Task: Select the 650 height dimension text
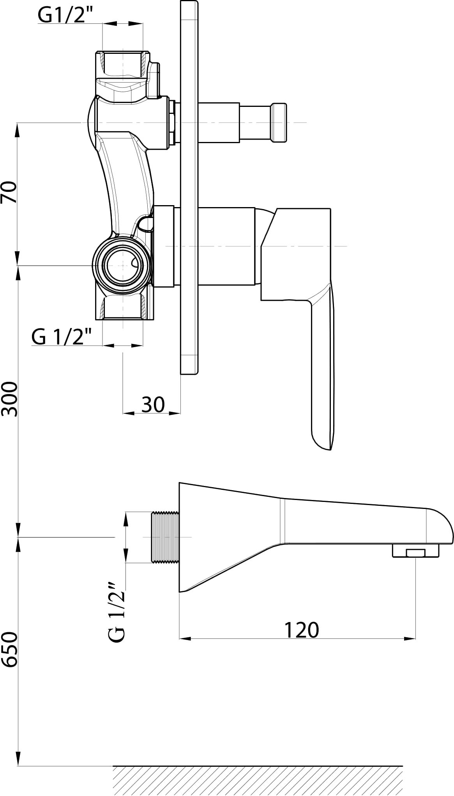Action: click(10, 649)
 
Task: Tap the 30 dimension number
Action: click(153, 404)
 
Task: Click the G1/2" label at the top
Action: click(61, 15)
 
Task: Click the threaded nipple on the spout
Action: click(165, 537)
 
